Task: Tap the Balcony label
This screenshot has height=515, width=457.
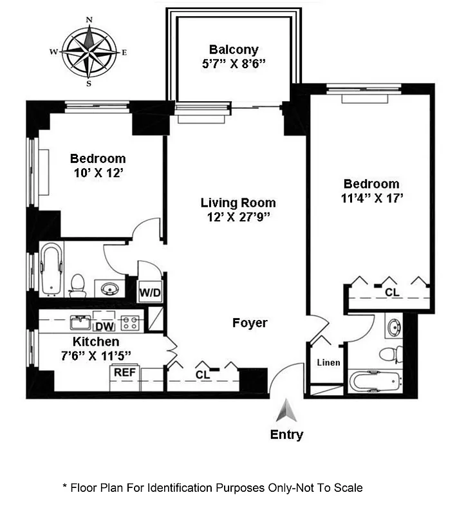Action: (234, 50)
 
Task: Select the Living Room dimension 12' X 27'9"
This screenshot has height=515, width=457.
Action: (238, 216)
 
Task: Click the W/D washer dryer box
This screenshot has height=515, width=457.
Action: (151, 293)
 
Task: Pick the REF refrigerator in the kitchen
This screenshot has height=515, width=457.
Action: (124, 372)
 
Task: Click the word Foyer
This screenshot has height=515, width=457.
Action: (250, 323)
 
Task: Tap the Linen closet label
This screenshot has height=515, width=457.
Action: (328, 362)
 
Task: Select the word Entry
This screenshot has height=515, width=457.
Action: (286, 435)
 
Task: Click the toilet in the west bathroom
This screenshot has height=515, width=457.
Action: (78, 285)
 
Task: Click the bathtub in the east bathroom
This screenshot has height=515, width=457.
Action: (375, 382)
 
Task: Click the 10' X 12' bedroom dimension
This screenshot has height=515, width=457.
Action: (98, 173)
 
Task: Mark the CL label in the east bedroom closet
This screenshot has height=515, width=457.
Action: (391, 292)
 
